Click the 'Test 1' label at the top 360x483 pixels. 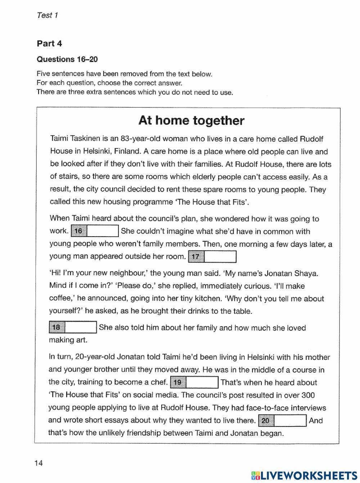point(47,15)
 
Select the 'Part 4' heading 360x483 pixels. point(49,44)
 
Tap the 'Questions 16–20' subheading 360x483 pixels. point(67,59)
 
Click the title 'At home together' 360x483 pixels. point(191,120)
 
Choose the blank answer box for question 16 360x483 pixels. point(103,231)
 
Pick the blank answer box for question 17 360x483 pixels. point(220,257)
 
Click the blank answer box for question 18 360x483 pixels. point(81,327)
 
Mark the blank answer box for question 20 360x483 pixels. point(290,421)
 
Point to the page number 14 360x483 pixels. point(39,463)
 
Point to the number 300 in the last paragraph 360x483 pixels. point(308,395)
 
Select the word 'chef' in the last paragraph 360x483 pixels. point(159,383)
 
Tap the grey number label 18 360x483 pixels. point(57,327)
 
